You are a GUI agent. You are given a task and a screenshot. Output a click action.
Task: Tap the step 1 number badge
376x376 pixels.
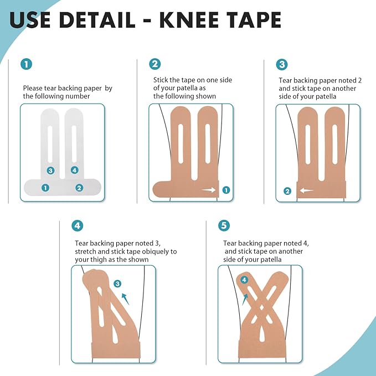pyautogui.click(x=27, y=64)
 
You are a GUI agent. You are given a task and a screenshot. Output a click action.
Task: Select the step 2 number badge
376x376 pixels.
pyautogui.click(x=155, y=64)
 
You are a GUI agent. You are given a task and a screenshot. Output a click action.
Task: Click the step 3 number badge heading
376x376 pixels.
pyautogui.click(x=282, y=64)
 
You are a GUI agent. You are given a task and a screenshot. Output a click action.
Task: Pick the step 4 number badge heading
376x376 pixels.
pyautogui.click(x=78, y=225)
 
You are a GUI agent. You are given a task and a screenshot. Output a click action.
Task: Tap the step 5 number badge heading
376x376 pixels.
pyautogui.click(x=224, y=225)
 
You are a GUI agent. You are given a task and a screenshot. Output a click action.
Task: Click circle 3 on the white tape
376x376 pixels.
pyautogui.click(x=50, y=170)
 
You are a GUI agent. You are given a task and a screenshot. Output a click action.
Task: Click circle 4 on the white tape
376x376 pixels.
pyautogui.click(x=75, y=170)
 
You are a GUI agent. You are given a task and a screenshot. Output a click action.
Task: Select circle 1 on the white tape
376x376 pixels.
pyautogui.click(x=45, y=188)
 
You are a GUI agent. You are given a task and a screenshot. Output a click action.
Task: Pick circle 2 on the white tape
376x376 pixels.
pyautogui.click(x=79, y=188)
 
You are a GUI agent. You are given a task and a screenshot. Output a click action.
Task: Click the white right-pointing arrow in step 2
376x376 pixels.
pyautogui.click(x=209, y=190)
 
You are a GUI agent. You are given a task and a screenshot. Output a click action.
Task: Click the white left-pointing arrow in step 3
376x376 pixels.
pyautogui.click(x=306, y=191)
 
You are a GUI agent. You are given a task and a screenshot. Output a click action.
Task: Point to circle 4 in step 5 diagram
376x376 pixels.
pyautogui.click(x=244, y=280)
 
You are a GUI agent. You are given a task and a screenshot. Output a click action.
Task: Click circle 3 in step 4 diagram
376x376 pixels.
pyautogui.click(x=117, y=284)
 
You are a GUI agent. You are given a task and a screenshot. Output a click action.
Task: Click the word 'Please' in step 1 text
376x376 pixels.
pyautogui.click(x=33, y=88)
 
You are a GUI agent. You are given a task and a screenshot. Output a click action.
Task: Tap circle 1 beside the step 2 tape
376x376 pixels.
pyautogui.click(x=225, y=190)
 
